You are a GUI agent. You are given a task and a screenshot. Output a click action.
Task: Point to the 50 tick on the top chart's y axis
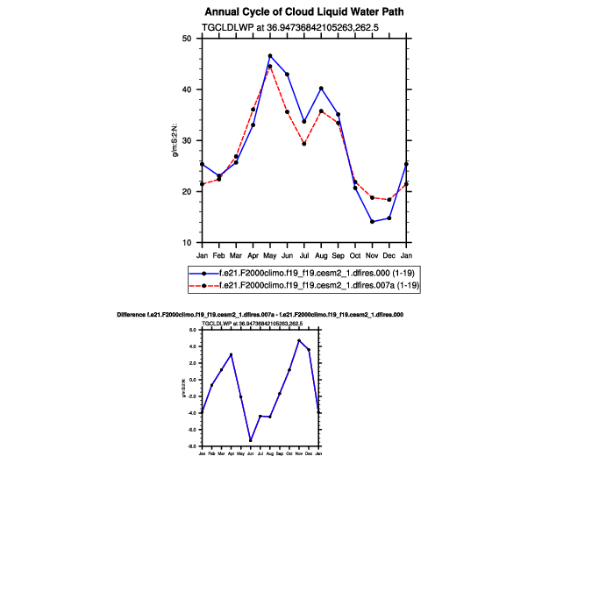(186, 39)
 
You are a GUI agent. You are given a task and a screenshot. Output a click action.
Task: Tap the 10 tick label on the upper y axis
(186, 243)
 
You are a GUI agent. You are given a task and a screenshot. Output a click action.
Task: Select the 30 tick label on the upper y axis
(186, 140)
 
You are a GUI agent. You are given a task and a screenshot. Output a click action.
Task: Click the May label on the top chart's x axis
(270, 255)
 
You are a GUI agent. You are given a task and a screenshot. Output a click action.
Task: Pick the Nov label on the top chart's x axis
(372, 255)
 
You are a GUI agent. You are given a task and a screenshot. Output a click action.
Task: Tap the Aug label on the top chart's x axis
(321, 255)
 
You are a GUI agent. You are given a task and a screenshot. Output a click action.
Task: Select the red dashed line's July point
(304, 143)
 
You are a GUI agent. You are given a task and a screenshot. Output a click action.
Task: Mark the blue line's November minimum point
(372, 222)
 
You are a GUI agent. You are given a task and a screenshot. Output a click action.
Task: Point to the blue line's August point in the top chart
(321, 88)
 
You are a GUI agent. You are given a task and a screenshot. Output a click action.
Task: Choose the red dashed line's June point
(287, 111)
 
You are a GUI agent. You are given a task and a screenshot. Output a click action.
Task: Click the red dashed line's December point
(389, 200)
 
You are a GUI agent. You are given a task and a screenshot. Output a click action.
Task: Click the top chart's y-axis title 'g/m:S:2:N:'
(175, 140)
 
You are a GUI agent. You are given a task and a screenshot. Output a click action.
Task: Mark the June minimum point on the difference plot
(250, 440)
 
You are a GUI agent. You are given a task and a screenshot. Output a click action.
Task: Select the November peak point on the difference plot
(299, 340)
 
